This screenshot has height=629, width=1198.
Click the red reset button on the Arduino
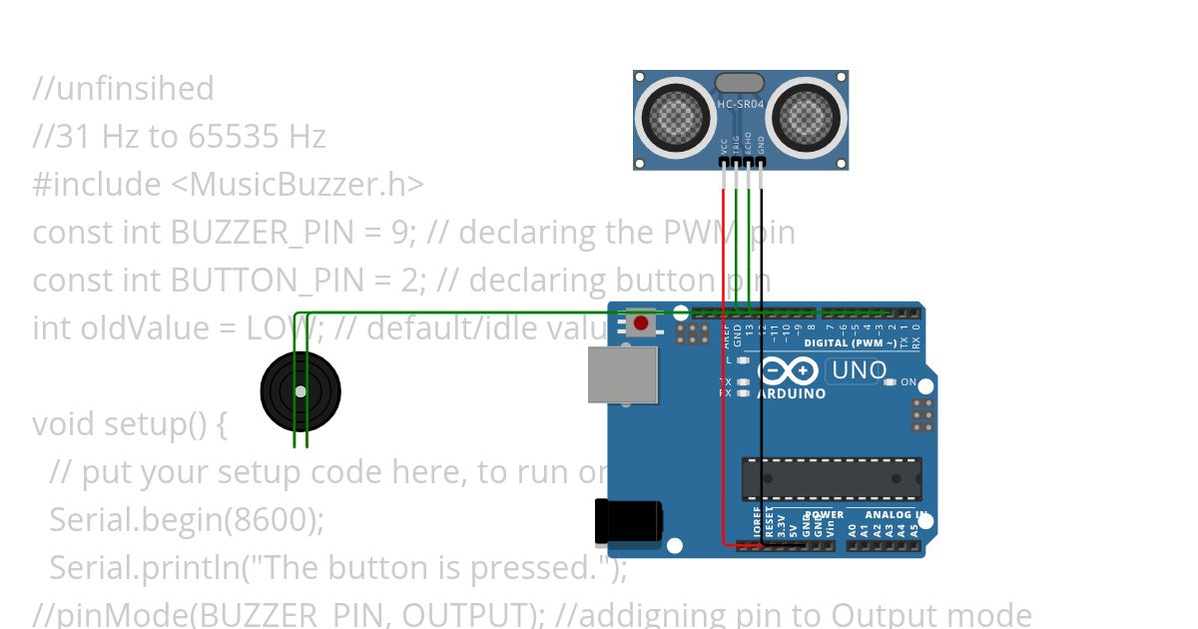click(640, 323)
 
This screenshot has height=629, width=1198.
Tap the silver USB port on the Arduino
click(622, 374)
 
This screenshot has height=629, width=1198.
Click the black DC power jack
click(628, 521)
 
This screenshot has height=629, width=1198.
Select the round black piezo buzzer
click(299, 390)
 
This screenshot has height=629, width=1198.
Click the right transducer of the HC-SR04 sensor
click(806, 116)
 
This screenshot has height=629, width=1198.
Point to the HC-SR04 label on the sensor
click(741, 104)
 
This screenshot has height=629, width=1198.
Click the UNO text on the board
click(858, 370)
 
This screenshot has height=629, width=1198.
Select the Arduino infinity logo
click(788, 371)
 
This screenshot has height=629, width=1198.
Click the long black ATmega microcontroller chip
click(831, 479)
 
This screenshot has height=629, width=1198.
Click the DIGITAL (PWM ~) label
click(850, 342)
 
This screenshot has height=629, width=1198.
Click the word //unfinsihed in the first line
click(123, 89)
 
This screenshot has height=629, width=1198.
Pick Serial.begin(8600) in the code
click(186, 520)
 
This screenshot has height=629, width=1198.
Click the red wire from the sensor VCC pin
click(724, 349)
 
